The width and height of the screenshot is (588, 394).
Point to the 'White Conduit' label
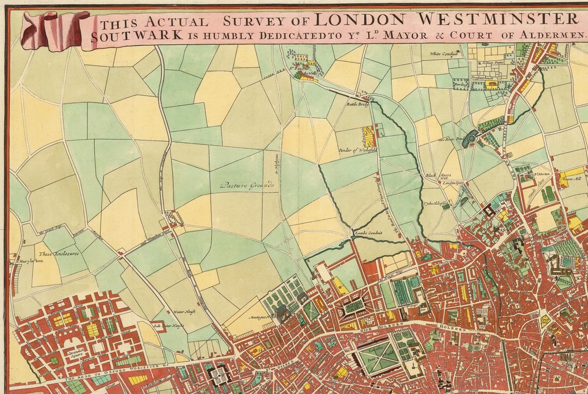tap(443, 54)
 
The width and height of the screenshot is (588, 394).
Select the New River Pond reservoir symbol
tap(471, 138)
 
